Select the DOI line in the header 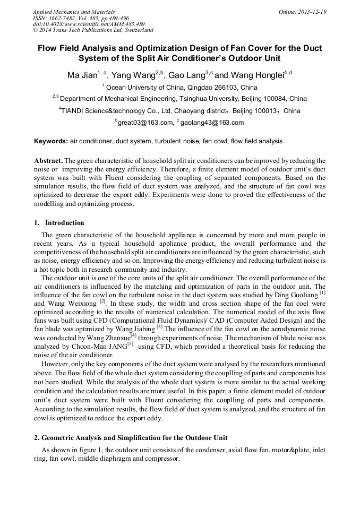pos(89,24)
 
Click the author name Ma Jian pos(82,75)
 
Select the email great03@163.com pos(145,123)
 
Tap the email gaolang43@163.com pos(212,123)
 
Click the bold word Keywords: pos(51,142)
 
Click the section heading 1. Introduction pos(59,223)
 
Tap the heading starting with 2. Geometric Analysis pos(131,438)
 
